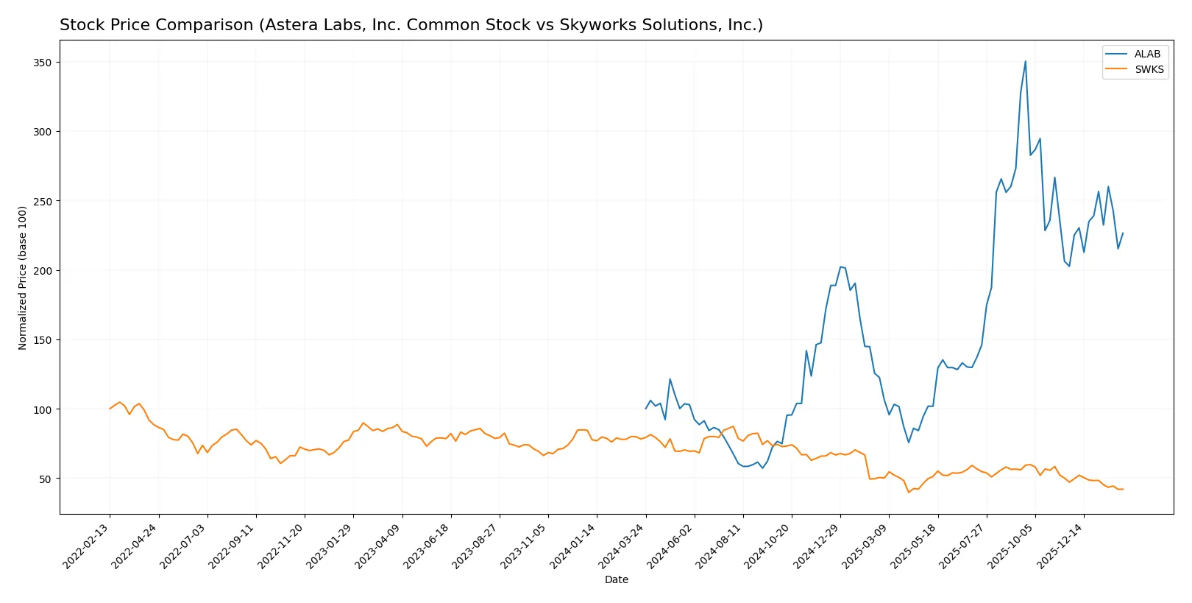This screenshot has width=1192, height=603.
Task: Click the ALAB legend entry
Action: point(1146,54)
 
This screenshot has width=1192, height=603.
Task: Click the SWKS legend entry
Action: point(1149,69)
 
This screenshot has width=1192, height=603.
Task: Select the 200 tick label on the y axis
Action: point(43,271)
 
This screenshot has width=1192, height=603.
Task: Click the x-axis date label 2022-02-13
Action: point(88,545)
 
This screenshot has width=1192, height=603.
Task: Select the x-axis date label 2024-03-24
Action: point(623,545)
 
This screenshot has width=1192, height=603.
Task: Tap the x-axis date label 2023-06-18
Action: point(428,545)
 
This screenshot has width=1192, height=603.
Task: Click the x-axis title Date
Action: point(616,579)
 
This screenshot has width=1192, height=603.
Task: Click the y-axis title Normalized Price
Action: point(22,278)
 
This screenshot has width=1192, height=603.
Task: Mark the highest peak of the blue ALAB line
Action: point(1026,61)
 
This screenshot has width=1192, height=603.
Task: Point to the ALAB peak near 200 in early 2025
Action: point(840,267)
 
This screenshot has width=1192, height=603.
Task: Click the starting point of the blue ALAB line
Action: point(646,409)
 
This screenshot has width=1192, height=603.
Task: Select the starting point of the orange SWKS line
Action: point(110,409)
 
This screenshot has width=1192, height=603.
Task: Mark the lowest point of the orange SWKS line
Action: point(909,492)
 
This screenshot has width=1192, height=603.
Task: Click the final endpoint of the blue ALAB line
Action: point(1123,233)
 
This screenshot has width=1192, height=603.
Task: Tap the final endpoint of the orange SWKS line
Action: point(1123,489)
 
